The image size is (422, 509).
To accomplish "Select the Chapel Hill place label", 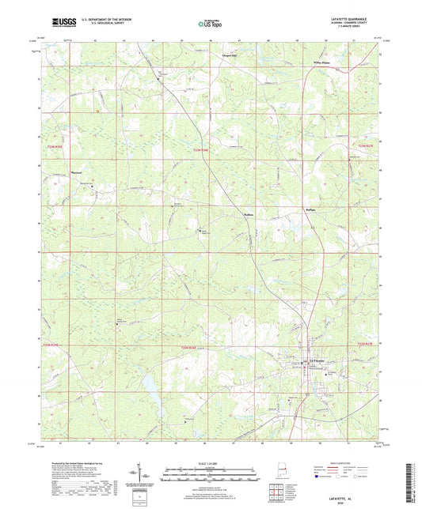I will coord(230,56).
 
